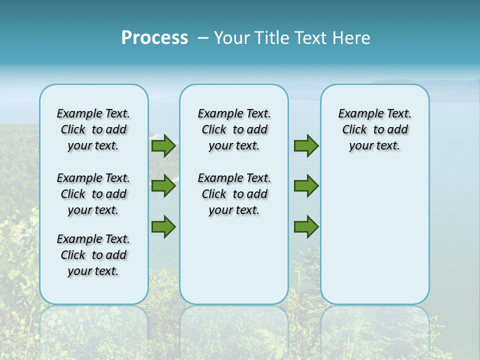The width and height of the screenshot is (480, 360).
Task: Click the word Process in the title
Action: point(154,38)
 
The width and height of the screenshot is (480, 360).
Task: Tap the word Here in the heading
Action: point(351,38)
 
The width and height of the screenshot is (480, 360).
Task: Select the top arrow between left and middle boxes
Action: point(163,146)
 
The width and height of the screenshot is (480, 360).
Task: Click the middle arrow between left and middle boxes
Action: point(163,186)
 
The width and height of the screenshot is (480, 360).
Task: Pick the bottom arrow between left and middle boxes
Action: point(163,226)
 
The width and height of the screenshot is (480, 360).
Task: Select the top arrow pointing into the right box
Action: point(306,146)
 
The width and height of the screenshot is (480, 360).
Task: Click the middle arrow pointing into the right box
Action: point(306,186)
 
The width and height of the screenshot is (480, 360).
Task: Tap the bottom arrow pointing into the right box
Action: point(306,226)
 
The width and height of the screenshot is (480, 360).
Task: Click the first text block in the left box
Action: point(93,129)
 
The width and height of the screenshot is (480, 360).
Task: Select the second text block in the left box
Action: point(93,194)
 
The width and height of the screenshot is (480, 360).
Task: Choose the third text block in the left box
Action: point(93,255)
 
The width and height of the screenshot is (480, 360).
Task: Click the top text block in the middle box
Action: point(234,129)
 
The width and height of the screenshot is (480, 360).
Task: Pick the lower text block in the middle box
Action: point(234,194)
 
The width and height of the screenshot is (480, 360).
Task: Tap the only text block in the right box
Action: point(374,129)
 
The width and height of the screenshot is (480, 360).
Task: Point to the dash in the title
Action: point(203,38)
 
